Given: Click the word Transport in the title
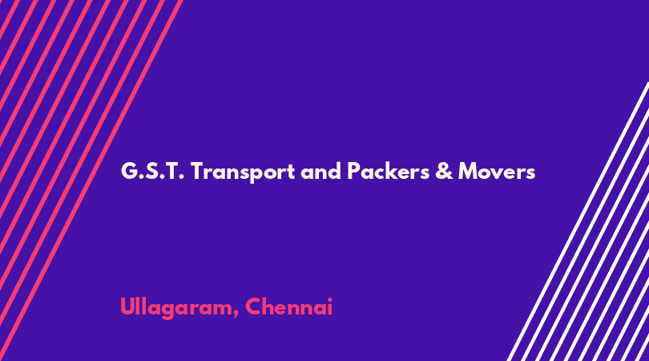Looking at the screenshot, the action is coord(243,172).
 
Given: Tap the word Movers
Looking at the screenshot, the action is coord(497,171).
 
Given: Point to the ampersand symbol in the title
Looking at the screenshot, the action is coord(444,171).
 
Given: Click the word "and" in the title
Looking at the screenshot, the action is coord(320,171).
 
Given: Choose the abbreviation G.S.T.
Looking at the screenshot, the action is coord(152,171).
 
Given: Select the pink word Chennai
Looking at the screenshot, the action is coord(289,306).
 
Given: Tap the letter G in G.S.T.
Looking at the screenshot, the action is coord(129,171).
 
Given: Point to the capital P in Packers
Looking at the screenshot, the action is coord(353,171).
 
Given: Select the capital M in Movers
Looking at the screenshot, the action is coord(468,171).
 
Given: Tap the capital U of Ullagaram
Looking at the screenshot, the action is coord(127,306).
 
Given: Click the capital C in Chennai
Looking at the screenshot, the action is coord(254,306).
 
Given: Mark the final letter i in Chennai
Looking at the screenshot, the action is coord(329,306).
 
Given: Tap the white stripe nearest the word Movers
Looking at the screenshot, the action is coord(578,221).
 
